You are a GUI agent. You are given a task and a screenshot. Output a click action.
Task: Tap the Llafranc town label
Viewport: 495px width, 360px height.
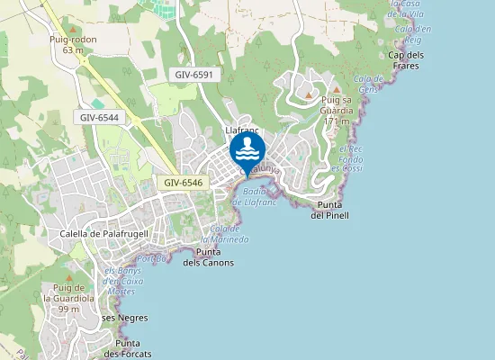point(241,130)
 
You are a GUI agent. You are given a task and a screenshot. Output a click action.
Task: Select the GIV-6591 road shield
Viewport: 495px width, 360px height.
point(194,75)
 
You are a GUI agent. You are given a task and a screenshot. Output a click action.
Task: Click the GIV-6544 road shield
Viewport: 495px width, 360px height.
point(98,117)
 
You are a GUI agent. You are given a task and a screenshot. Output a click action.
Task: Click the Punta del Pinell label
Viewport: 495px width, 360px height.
point(329,211)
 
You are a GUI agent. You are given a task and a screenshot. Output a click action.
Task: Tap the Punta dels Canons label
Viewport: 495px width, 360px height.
point(208,257)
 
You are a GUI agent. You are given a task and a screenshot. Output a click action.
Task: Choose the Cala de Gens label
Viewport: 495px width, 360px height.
point(369,85)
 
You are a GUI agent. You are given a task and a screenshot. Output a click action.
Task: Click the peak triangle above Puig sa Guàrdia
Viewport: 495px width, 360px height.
point(336,92)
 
